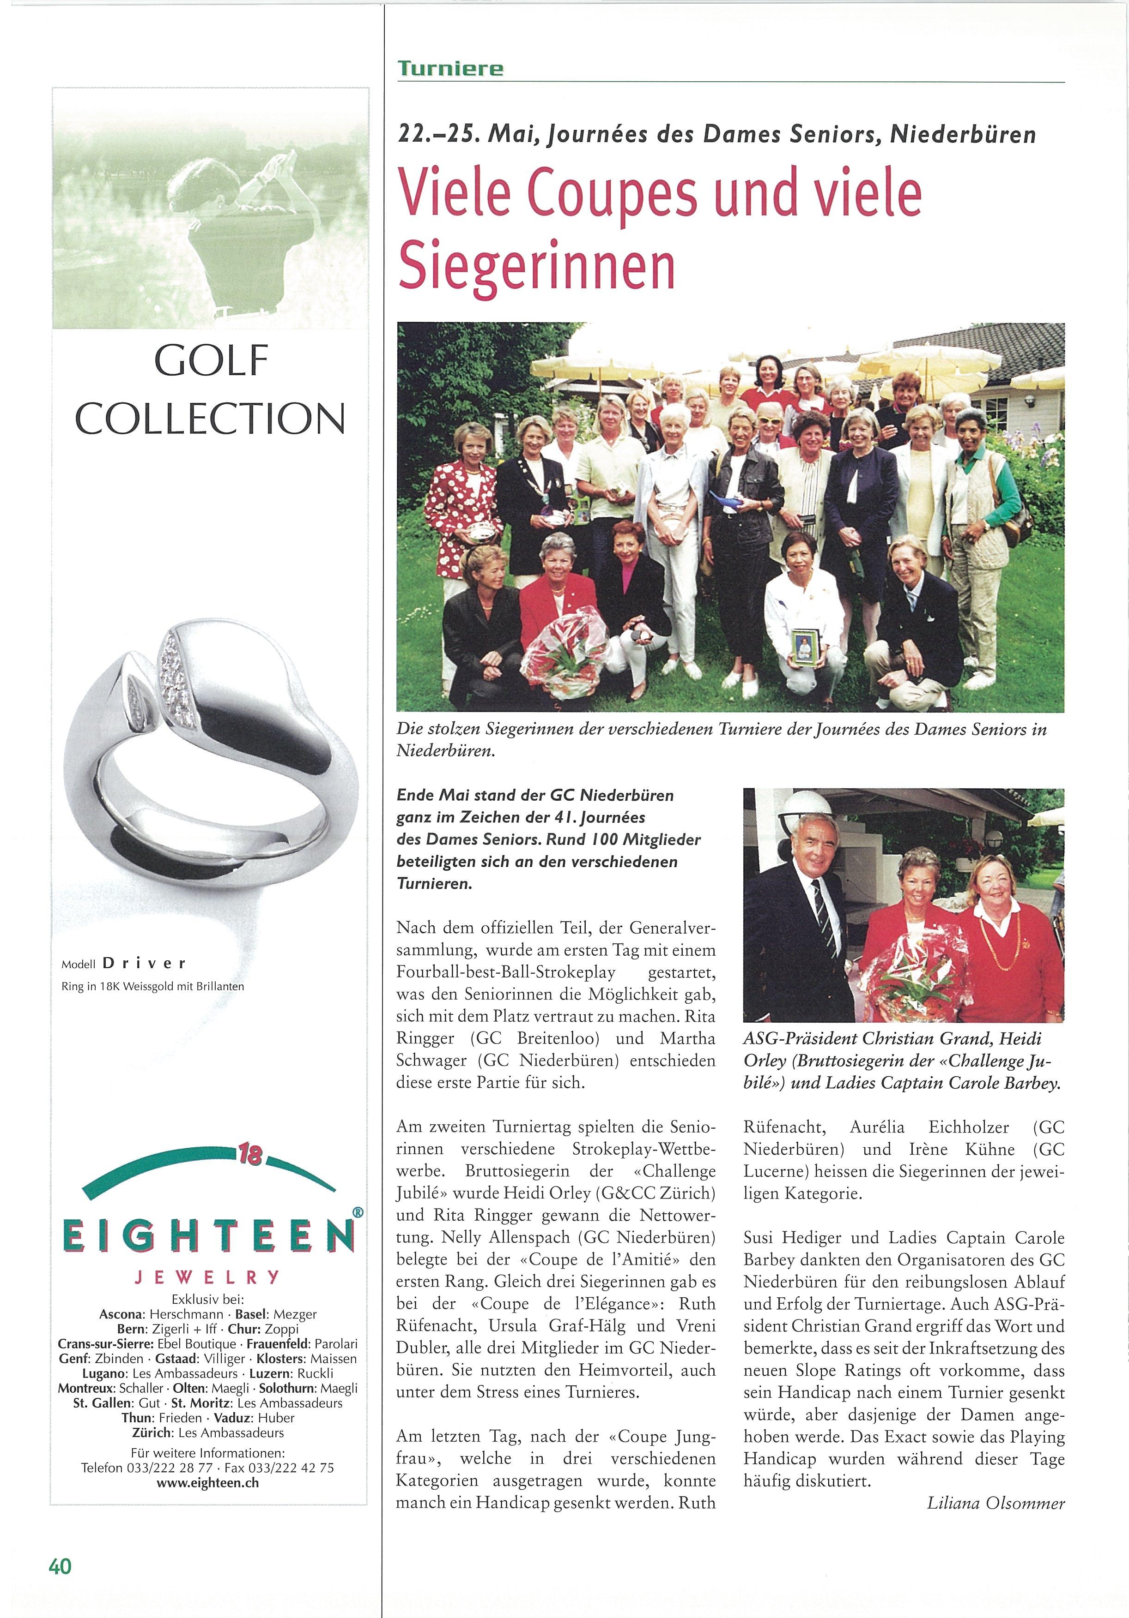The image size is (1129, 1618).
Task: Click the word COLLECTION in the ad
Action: click(x=210, y=418)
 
